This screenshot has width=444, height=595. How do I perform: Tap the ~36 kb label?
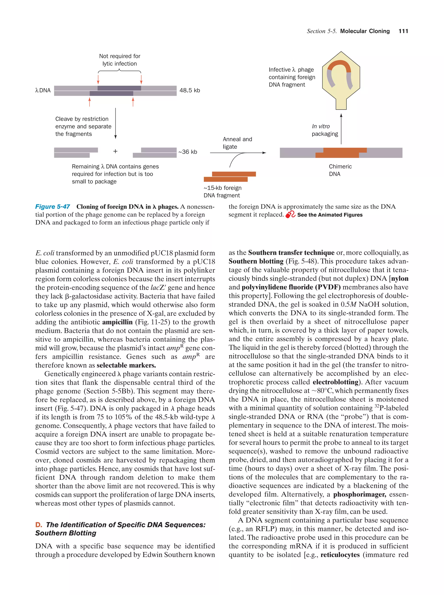point(188,152)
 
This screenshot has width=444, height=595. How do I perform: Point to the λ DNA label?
point(43,90)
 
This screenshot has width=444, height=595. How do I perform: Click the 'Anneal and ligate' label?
point(237,143)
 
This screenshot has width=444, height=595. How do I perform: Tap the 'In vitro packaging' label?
point(325,130)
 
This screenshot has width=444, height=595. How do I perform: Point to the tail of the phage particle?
point(341,104)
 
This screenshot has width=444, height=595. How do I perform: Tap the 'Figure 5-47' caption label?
point(53,207)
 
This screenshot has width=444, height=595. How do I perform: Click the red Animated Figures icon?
point(290,215)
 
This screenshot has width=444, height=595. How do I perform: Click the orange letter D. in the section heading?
point(39,524)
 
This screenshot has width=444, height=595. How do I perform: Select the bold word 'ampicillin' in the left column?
point(117,322)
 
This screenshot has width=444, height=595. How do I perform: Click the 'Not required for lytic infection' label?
point(119,60)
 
